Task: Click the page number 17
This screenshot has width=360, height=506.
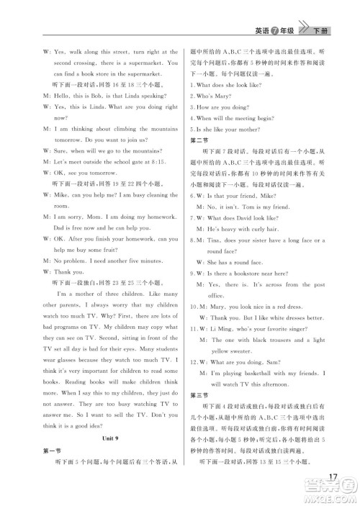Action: (x=332, y=478)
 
